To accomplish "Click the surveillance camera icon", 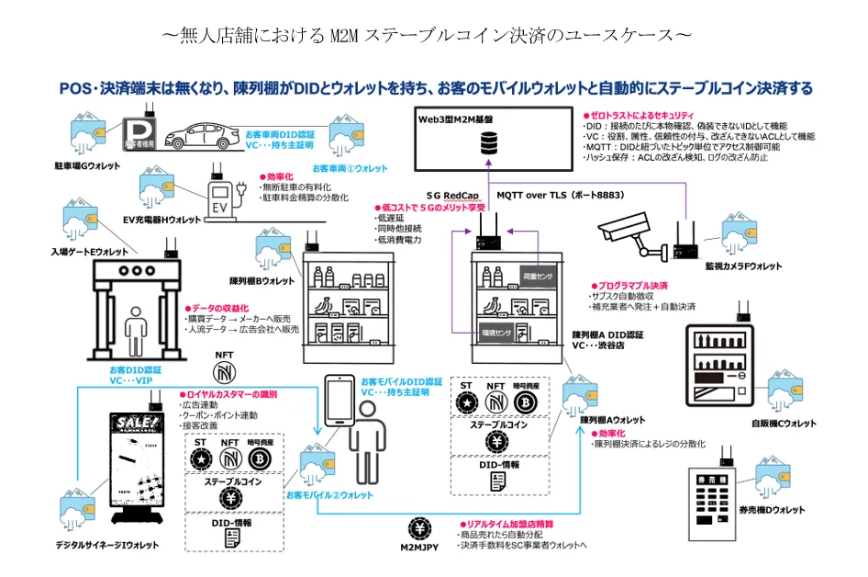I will pyautogui.click(x=630, y=235).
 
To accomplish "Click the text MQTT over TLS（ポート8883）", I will pyautogui.click(x=549, y=196).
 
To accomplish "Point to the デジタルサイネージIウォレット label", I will pyautogui.click(x=106, y=545).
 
